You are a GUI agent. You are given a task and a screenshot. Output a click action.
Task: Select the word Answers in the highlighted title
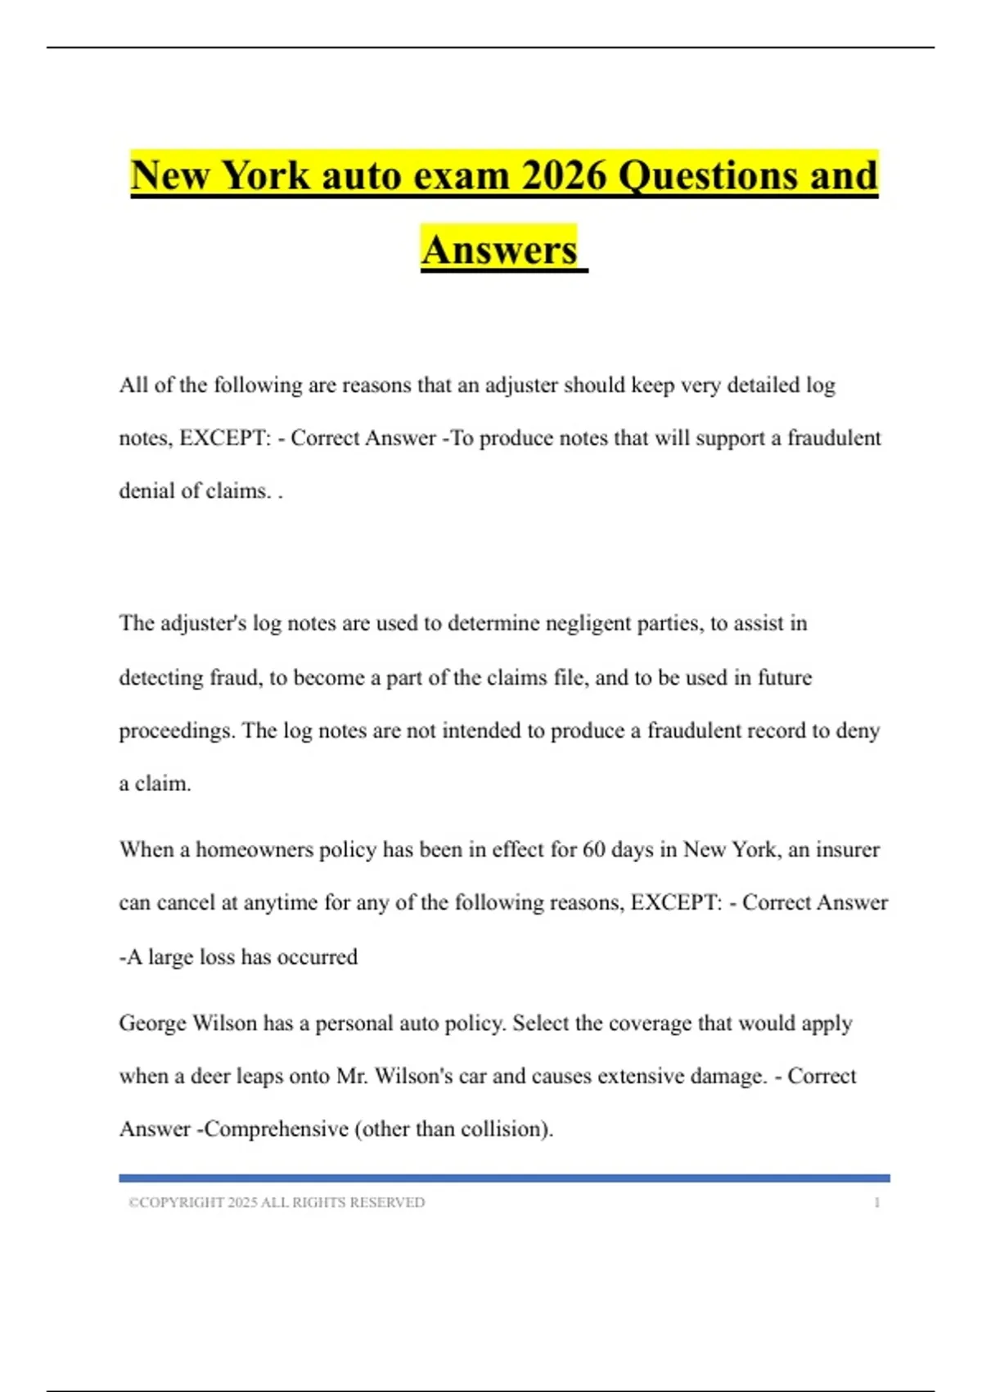(500, 250)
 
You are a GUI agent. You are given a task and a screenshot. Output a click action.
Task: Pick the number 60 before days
(593, 850)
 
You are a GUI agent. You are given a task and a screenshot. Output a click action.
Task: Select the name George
(152, 1024)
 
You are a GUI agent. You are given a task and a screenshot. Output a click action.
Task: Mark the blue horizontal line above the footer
(504, 1178)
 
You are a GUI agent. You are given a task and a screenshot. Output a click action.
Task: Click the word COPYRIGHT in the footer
(182, 1203)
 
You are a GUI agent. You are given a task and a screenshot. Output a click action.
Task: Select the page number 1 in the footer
(877, 1203)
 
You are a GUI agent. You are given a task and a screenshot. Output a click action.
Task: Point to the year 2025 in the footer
(242, 1203)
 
